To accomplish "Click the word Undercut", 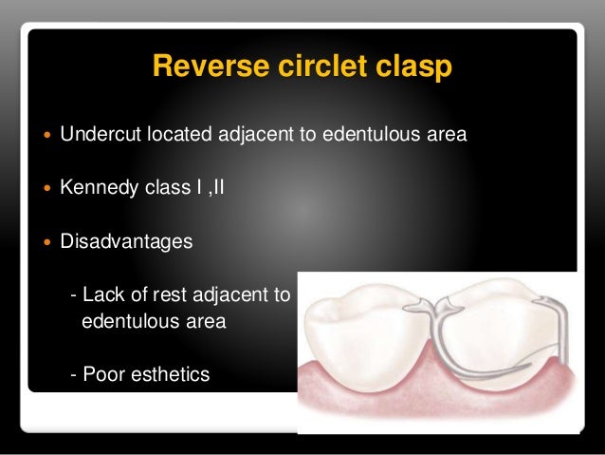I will [x=99, y=134].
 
